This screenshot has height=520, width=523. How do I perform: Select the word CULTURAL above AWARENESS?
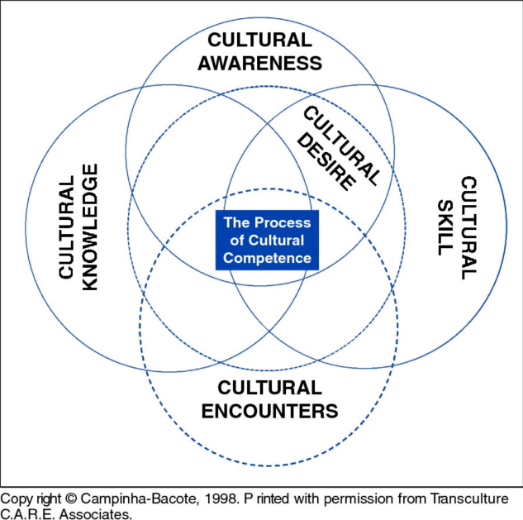coord(259,39)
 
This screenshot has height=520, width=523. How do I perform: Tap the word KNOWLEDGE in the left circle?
coord(91,227)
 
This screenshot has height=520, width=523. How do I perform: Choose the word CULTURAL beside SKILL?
coord(468,227)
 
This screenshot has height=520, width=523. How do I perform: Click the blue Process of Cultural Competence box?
coord(266,241)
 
